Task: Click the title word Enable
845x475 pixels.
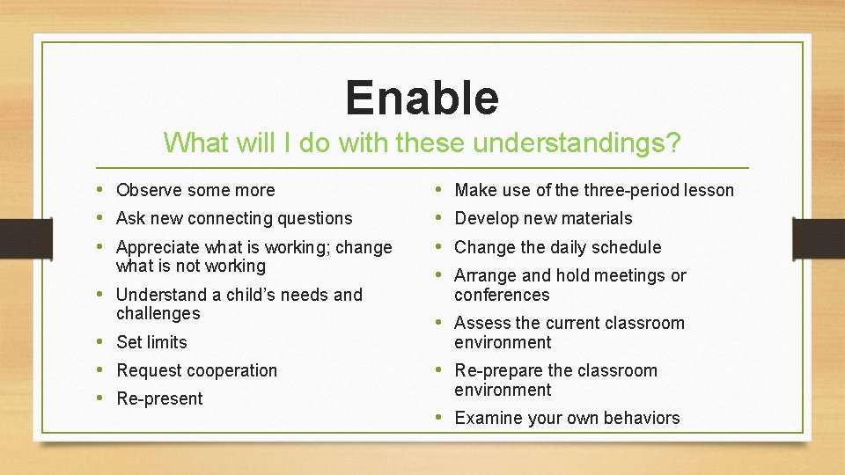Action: [422, 98]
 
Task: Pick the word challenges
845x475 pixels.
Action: [158, 314]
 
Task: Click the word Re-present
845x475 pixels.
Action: [159, 398]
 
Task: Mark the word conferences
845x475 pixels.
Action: [502, 295]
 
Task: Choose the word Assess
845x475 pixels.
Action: [481, 323]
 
